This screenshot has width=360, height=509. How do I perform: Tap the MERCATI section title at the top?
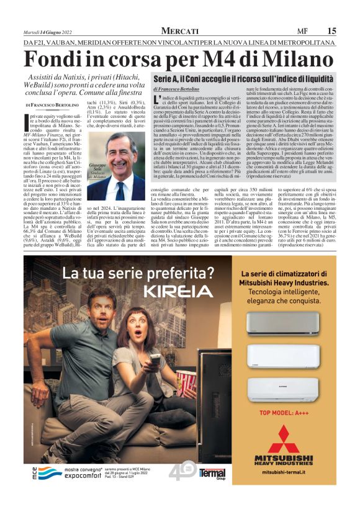(180, 31)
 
